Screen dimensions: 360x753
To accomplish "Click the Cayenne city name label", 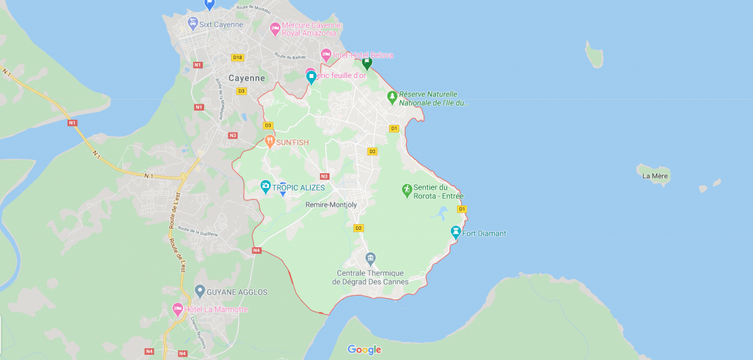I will point(246,78).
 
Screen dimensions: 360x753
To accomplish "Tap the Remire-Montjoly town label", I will point(331,205).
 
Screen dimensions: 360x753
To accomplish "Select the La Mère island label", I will point(655,176).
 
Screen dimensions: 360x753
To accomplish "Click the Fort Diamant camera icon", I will point(456,232).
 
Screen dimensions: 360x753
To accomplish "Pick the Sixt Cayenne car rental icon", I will point(192,24).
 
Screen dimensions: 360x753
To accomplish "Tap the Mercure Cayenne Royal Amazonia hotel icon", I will point(275,28).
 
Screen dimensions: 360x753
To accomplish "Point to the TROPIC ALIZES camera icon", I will point(265,187).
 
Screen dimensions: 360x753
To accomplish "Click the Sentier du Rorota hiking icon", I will point(406,190).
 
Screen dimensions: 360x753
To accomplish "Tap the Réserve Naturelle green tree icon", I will point(392,97).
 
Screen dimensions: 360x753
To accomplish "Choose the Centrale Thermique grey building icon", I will point(370,259).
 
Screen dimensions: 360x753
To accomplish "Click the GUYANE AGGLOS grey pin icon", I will point(200,291).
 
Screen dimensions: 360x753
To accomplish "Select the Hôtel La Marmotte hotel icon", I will point(178,309).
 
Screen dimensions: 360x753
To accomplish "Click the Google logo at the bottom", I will point(364,350).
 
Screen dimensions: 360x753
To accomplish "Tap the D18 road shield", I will point(237,57).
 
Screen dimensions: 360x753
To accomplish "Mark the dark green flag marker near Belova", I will point(367,62).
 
